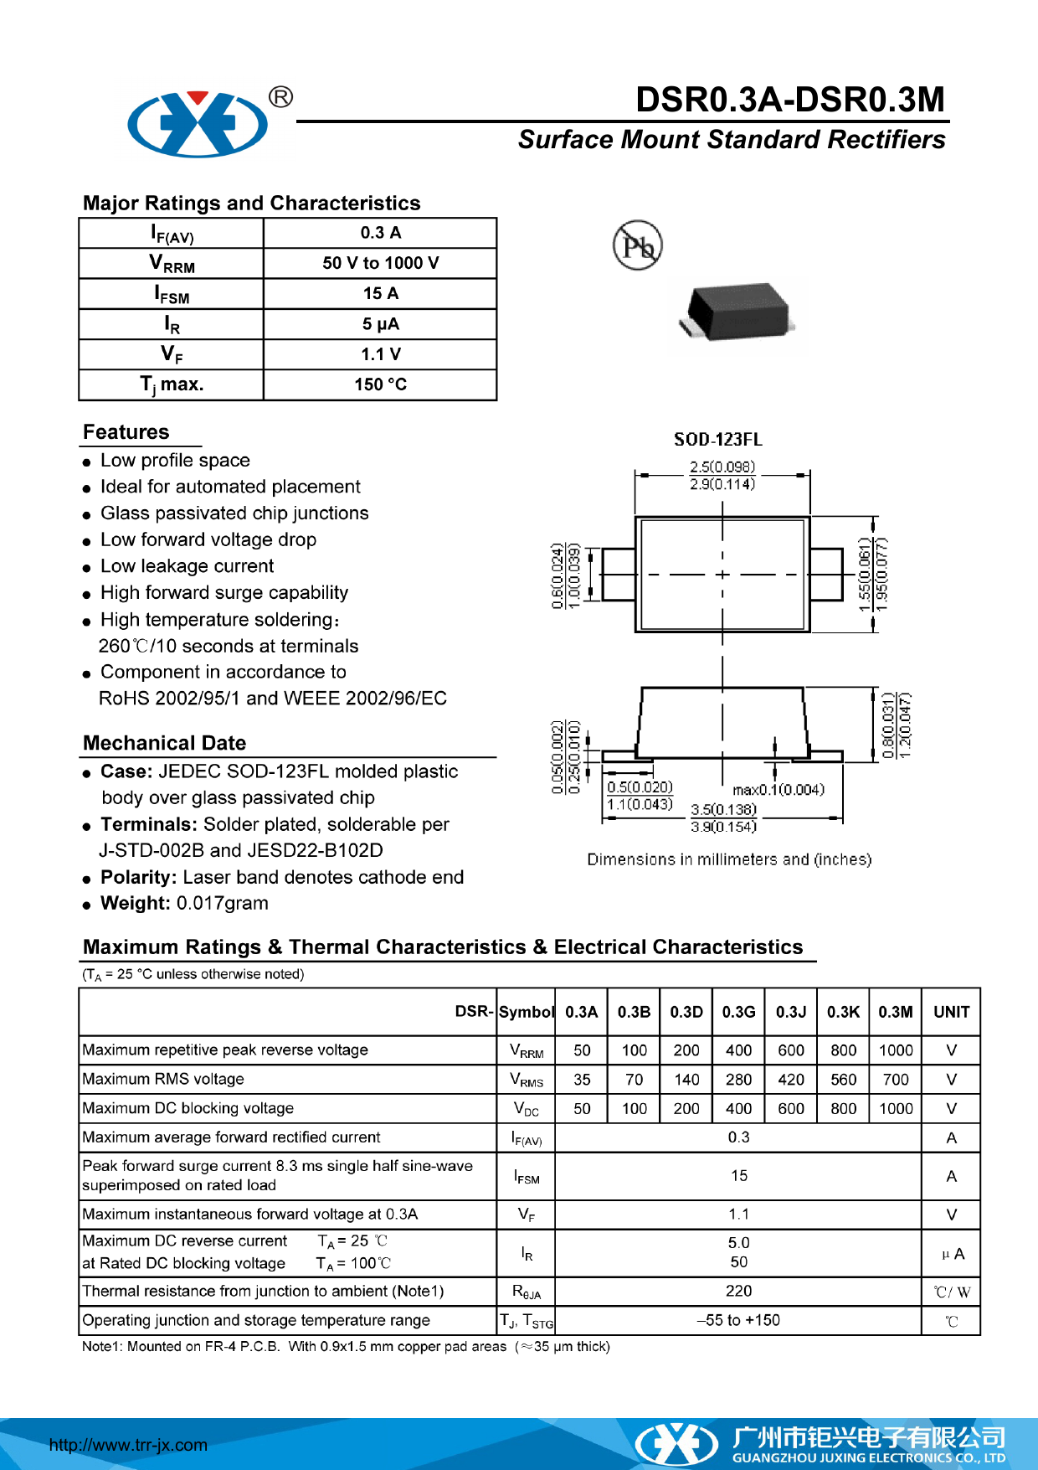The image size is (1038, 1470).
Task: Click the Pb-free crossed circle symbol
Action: click(x=638, y=246)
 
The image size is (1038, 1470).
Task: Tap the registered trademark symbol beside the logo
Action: click(x=281, y=97)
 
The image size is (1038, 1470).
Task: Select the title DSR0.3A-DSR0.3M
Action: click(x=789, y=100)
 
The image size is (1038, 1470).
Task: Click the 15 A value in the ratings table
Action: click(x=380, y=293)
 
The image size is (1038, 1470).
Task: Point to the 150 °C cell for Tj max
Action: click(x=380, y=384)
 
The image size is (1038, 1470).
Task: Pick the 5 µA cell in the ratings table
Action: click(x=380, y=324)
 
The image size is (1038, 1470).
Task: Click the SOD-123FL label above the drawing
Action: click(x=717, y=440)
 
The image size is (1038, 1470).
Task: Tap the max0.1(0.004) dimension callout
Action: click(x=778, y=790)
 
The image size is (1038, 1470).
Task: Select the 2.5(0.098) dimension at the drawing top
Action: click(x=722, y=467)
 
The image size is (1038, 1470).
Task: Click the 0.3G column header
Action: click(x=738, y=1012)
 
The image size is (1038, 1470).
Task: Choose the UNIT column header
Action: click(x=951, y=1012)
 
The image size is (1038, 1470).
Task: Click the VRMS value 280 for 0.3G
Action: click(x=738, y=1080)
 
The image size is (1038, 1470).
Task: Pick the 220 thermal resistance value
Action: click(x=738, y=1291)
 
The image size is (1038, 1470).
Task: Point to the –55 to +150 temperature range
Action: click(x=738, y=1320)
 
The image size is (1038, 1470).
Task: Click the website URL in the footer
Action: click(x=128, y=1445)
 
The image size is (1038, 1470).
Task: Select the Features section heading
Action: click(x=126, y=432)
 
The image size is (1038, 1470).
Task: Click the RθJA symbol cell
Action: click(x=527, y=1292)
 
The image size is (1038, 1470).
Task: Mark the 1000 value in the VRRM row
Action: click(x=895, y=1050)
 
